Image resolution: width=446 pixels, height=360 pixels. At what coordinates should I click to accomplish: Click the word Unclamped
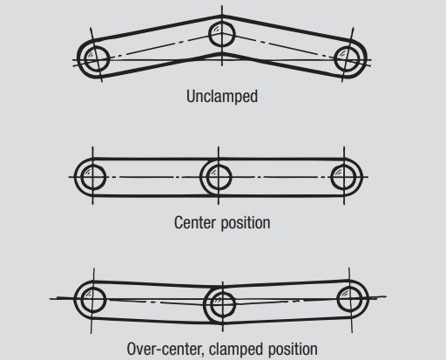[222, 96]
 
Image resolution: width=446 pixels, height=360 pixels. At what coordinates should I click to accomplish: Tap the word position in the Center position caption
[245, 222]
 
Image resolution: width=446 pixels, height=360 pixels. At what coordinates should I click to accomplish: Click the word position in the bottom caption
[293, 349]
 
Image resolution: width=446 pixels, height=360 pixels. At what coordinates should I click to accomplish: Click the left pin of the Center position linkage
[90, 177]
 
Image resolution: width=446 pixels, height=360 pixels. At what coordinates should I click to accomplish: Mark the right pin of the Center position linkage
[346, 177]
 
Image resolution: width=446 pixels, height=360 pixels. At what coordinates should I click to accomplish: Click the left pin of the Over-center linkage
[89, 297]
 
